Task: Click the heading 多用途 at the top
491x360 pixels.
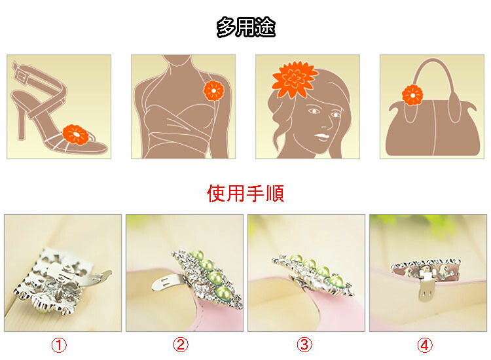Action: tap(245, 27)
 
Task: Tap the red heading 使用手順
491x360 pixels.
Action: tap(245, 193)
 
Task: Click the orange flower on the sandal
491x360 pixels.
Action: tap(76, 135)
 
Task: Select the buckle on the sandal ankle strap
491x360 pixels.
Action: tap(22, 75)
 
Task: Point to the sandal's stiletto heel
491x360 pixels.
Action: tap(22, 122)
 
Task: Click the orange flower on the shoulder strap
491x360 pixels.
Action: tap(213, 90)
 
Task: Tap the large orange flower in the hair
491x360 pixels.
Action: tap(293, 79)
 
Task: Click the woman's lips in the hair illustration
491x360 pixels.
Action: tap(321, 137)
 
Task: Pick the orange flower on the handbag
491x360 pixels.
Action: tap(412, 95)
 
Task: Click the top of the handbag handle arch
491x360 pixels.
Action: tap(433, 60)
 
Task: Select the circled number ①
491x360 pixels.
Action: tap(59, 346)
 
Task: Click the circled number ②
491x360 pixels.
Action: tap(181, 345)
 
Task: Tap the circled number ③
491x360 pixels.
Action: tap(304, 345)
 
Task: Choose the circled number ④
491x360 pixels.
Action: tap(425, 346)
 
